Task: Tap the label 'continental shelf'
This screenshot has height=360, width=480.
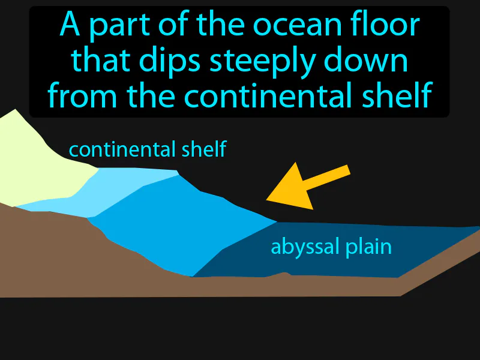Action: (x=147, y=149)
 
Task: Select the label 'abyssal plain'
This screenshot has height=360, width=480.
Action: (x=331, y=246)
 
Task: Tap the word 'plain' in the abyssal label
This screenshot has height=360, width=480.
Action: (x=367, y=247)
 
